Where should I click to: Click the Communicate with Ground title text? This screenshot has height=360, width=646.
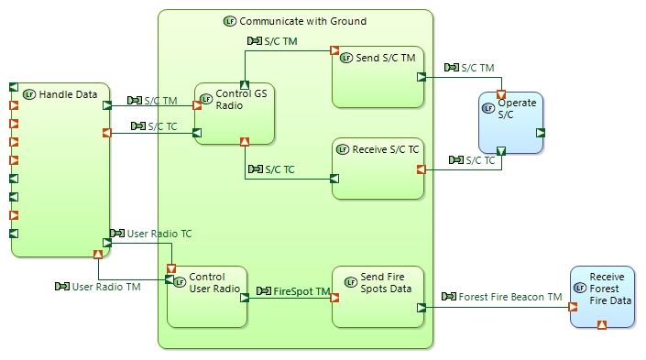pyautogui.click(x=301, y=20)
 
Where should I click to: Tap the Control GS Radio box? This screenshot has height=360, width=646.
pyautogui.click(x=235, y=115)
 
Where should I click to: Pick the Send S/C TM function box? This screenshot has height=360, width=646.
pyautogui.click(x=377, y=82)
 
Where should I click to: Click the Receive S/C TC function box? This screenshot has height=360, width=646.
pyautogui.click(x=377, y=174)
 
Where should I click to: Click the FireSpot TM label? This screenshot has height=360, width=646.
pyautogui.click(x=297, y=291)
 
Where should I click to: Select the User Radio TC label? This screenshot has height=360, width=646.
pyautogui.click(x=158, y=234)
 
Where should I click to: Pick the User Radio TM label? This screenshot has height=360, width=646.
pyautogui.click(x=105, y=287)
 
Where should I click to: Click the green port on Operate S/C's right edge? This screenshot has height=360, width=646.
pyautogui.click(x=541, y=133)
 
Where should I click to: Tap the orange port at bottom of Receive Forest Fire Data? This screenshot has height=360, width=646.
pyautogui.click(x=602, y=324)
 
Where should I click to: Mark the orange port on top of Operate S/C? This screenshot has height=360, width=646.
pyautogui.click(x=500, y=95)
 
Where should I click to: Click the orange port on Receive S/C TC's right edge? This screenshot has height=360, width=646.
pyautogui.click(x=421, y=169)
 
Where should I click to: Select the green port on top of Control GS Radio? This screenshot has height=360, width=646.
pyautogui.click(x=244, y=85)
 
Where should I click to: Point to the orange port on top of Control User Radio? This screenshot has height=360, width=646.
pyautogui.click(x=170, y=268)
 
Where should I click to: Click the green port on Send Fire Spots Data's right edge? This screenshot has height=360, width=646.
pyautogui.click(x=421, y=308)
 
